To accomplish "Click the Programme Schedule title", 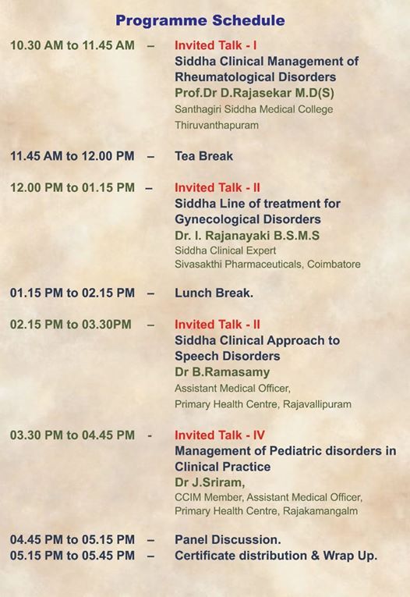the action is point(200,20).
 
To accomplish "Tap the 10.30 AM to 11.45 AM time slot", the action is point(72,45).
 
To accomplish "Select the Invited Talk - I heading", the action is point(216,45).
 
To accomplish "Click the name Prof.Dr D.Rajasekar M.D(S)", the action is point(254,93).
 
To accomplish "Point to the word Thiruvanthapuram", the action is point(217,126).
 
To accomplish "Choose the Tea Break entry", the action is point(204,156).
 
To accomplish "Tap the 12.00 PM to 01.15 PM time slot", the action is point(72,188).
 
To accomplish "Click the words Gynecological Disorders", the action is point(248,220).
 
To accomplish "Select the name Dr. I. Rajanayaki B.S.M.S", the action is point(247,236).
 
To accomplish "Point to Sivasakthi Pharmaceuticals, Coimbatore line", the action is point(267,265).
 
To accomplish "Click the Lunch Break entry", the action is point(214,293).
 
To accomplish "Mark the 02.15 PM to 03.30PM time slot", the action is point(71,325).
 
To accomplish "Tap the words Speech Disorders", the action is point(228,356).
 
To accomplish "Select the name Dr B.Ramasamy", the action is point(222,372).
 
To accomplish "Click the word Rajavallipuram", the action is point(317,404).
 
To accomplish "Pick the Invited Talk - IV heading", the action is point(220,435).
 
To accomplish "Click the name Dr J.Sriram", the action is point(210,483).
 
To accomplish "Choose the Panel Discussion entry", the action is point(228,540).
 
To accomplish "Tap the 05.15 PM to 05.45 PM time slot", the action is point(72,556).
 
